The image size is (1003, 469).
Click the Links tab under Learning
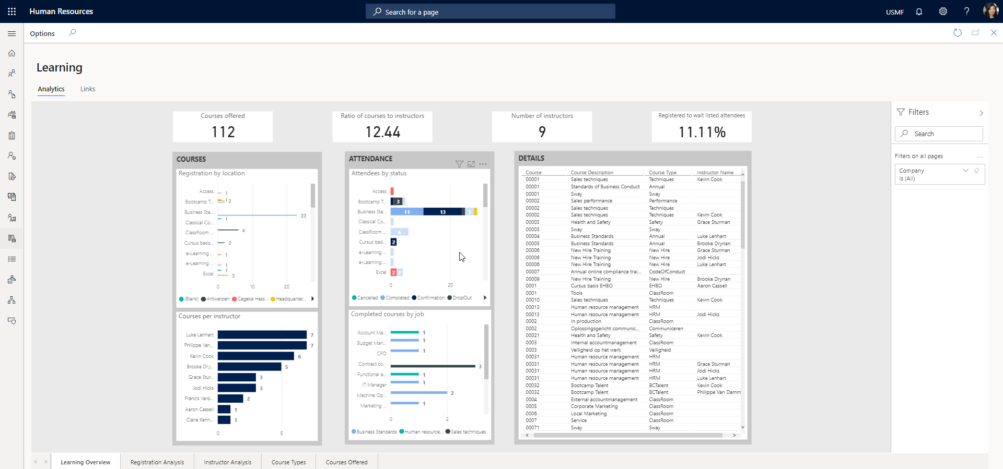tap(88, 89)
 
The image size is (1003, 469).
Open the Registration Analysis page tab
tap(157, 462)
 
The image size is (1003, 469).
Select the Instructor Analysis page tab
tap(227, 462)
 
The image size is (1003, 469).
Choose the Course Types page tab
tap(288, 462)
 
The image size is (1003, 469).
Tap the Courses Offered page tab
tap(346, 462)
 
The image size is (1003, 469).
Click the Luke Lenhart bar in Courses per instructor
tap(262, 335)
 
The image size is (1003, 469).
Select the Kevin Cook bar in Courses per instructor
tap(255, 356)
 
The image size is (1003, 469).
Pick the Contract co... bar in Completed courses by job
tap(433, 366)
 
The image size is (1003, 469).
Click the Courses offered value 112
tap(223, 132)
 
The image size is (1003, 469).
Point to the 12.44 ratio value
tap(382, 132)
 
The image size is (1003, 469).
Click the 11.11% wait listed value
tap(702, 133)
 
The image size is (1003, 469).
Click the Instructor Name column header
tap(715, 173)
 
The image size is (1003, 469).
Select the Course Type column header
tap(662, 173)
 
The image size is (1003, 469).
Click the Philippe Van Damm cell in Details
tap(718, 392)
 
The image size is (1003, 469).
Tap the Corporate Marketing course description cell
tap(594, 406)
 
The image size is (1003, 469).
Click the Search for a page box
tap(490, 12)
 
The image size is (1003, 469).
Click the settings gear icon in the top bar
tap(943, 11)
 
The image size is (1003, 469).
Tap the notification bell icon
tap(919, 11)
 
